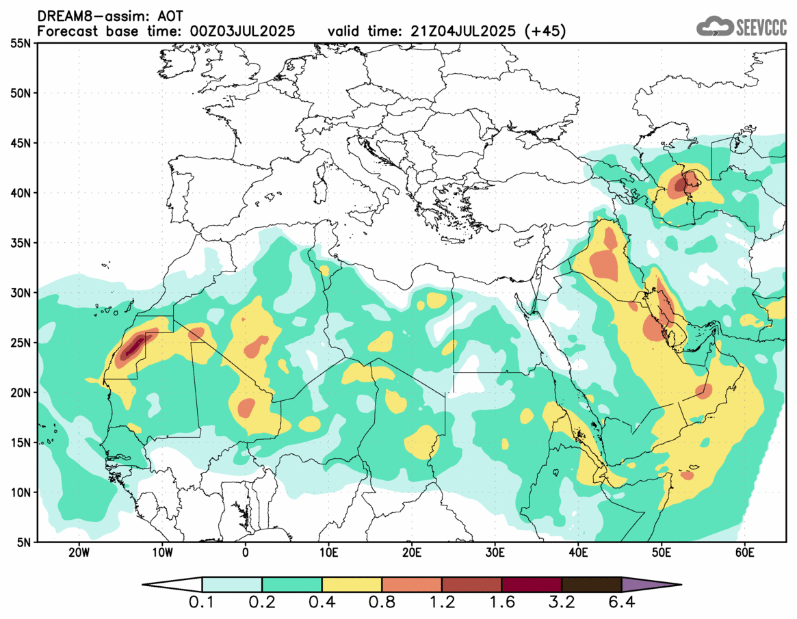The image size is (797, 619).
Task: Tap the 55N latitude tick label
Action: [x=21, y=43]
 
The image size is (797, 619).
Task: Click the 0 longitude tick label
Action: [x=246, y=553]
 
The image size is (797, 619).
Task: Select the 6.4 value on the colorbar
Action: [x=621, y=604]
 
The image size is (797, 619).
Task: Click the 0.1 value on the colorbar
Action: [x=202, y=604]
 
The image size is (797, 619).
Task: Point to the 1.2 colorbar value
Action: [x=442, y=604]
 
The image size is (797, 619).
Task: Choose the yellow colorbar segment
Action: [x=352, y=585]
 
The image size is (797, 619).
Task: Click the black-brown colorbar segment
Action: [x=591, y=585]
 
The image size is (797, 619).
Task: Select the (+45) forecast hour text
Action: [x=545, y=31]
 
